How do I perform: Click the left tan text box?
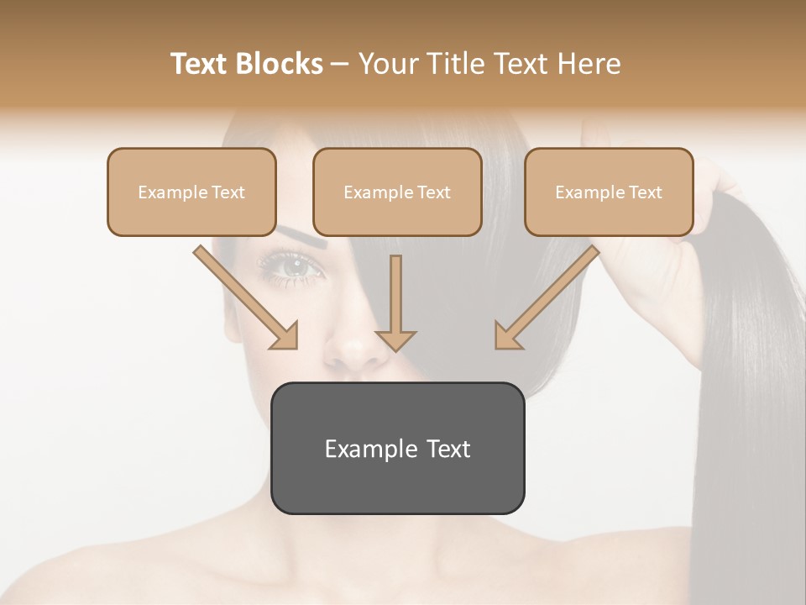coord(191,192)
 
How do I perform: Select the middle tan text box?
coord(397,192)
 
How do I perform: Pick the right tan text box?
coord(609,192)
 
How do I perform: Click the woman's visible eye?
coord(294,267)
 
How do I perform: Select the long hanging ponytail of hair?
coord(747,378)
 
